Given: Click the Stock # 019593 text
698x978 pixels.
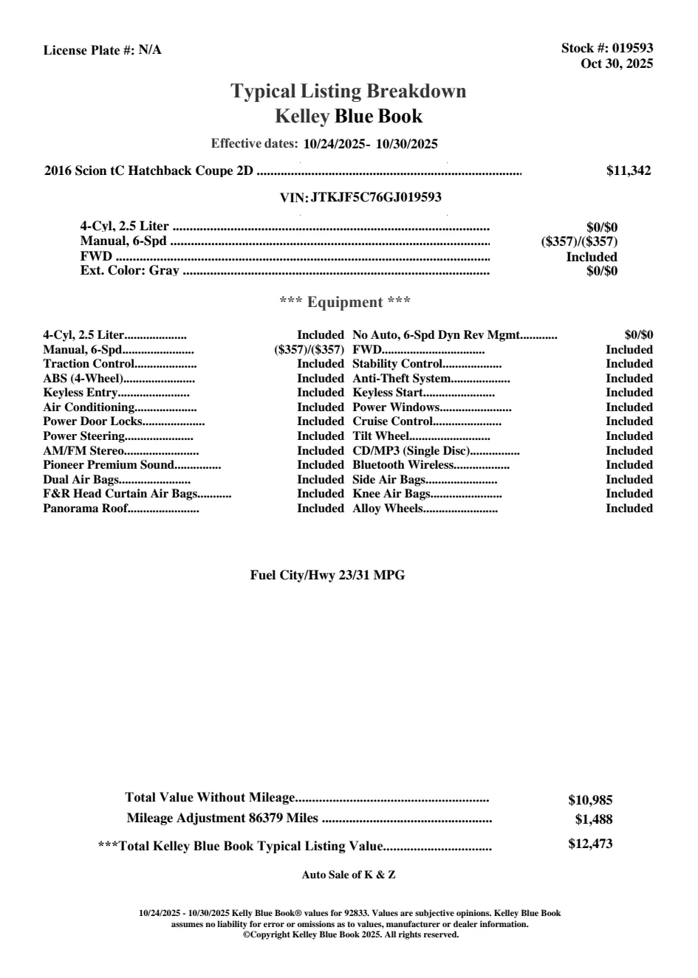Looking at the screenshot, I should click(606, 48).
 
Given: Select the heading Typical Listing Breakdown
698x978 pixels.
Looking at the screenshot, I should click(349, 92).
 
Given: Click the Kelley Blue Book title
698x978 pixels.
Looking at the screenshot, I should click(349, 116).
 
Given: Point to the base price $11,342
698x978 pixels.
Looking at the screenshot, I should click(629, 171).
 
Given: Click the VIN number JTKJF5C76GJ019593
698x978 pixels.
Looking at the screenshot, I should click(376, 197).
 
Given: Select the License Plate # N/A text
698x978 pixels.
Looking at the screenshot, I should click(102, 50).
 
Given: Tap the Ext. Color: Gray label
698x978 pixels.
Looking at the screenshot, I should click(129, 271).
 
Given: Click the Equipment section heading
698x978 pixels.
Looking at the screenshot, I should click(345, 302).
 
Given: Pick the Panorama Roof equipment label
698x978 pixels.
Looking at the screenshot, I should click(85, 509).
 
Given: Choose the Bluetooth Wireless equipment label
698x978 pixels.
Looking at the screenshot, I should click(403, 465).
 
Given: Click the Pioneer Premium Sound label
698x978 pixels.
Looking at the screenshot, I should click(108, 465).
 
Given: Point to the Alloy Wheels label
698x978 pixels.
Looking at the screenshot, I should click(387, 509).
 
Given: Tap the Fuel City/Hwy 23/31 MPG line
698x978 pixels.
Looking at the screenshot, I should click(327, 576).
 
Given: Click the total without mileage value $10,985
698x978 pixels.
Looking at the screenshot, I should click(590, 800).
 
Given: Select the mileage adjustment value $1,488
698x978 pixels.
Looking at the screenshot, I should click(594, 819).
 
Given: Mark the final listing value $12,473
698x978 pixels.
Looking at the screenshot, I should click(590, 844).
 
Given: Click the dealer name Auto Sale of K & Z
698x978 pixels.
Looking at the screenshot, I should click(349, 875).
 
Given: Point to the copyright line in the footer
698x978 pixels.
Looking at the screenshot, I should click(351, 934).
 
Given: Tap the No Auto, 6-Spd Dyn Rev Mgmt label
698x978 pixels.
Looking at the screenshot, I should click(436, 335).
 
